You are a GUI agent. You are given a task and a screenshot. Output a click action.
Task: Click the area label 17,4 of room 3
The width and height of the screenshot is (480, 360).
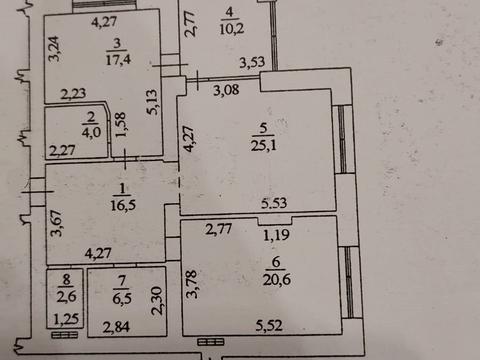tap(118, 59)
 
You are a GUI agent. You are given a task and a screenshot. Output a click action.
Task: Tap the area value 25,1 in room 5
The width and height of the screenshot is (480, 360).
tap(263, 145)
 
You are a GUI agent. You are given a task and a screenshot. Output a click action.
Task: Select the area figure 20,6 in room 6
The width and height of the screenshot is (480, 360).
tap(276, 280)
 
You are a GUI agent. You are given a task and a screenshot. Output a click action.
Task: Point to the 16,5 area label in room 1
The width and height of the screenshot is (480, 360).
tap(123, 205)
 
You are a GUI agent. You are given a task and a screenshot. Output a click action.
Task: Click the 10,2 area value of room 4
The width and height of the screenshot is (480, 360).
tap(231, 29)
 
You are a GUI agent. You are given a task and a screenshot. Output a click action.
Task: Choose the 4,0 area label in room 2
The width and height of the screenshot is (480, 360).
tap(91, 132)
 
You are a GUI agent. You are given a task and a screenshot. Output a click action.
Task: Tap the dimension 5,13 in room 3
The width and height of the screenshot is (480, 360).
tap(153, 102)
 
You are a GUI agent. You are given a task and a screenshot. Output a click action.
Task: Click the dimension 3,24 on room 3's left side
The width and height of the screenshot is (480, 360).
tap(54, 49)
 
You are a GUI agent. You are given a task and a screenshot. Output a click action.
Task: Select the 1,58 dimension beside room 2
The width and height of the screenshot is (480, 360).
tap(120, 125)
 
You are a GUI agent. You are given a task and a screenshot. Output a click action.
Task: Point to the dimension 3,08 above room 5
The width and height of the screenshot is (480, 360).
tap(226, 90)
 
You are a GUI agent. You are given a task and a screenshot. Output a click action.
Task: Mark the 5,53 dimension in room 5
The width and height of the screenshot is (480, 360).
tap(274, 203)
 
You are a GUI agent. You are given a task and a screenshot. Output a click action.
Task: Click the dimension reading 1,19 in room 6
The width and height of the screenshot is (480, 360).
tap(276, 235)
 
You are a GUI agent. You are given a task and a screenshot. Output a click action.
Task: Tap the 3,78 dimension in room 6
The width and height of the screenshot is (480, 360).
tap(192, 284)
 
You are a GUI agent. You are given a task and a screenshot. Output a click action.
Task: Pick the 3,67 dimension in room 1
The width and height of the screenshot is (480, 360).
tap(57, 223)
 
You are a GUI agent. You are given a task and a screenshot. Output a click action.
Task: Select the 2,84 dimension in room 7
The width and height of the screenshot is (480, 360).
tap(116, 327)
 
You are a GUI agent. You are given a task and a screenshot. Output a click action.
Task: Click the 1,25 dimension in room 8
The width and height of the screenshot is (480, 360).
tap(66, 319)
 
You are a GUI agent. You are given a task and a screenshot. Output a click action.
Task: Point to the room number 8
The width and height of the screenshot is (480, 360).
tap(66, 280)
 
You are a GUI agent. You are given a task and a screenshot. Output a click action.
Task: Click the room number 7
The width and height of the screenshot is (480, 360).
tap(122, 281)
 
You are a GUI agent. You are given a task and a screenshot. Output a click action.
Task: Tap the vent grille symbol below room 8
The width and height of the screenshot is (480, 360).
tap(65, 335)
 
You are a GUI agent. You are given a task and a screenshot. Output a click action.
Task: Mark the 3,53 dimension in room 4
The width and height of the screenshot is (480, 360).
tap(252, 62)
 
